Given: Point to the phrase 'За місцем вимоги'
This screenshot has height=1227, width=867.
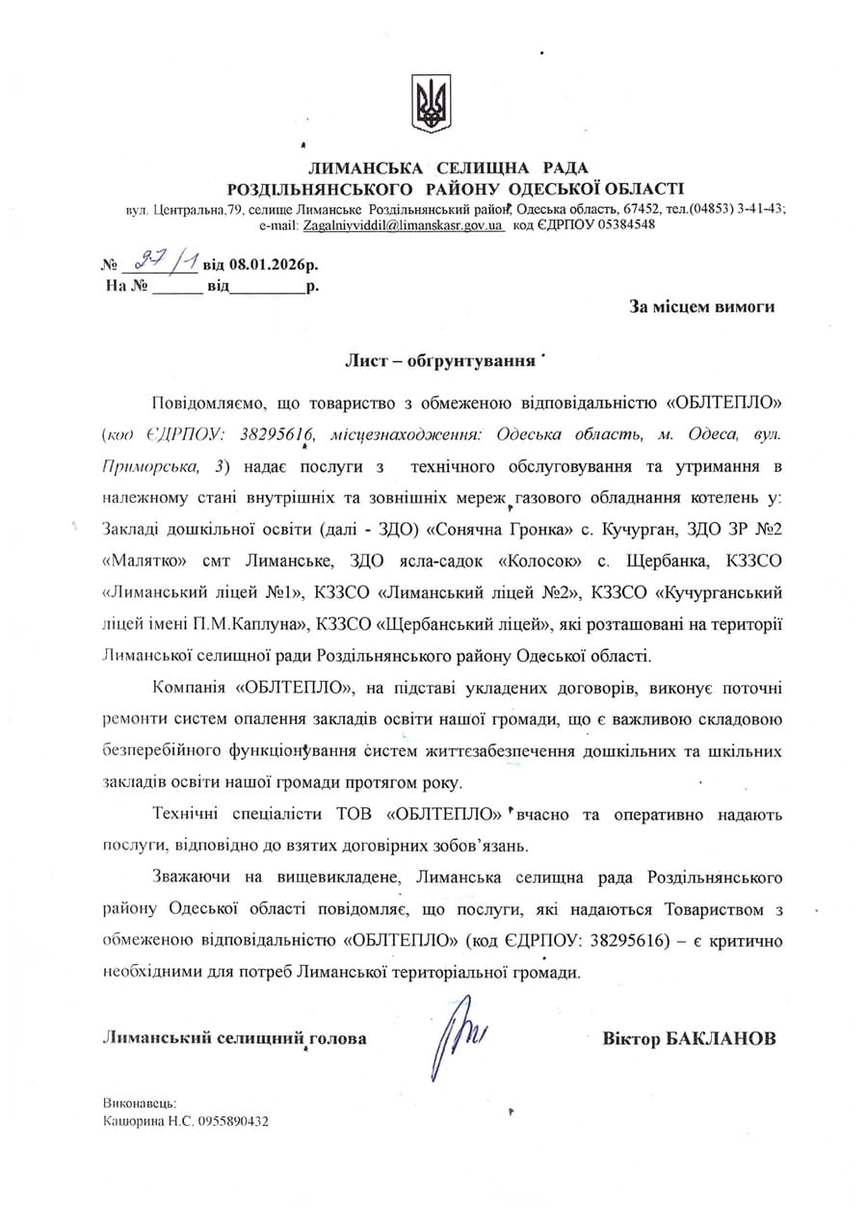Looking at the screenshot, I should click(701, 306).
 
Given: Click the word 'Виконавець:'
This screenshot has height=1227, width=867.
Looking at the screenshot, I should click(139, 1104).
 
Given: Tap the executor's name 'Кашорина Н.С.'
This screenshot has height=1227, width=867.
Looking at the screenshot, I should click(146, 1121).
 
